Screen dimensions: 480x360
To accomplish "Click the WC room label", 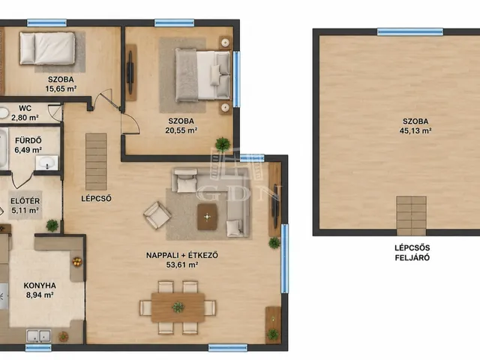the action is click(25, 108).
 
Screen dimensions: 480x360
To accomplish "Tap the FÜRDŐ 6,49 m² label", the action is click(28, 145).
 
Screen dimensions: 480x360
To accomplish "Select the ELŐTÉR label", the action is click(25, 201).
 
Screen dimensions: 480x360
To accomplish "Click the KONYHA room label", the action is click(40, 286).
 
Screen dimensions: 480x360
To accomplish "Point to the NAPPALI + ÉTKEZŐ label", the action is click(182, 255).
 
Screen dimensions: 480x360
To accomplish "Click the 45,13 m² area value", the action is click(415, 130).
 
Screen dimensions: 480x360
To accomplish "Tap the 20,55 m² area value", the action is click(181, 130).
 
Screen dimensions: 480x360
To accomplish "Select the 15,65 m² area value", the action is click(61, 88).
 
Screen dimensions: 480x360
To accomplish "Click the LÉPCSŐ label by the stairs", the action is click(96, 199).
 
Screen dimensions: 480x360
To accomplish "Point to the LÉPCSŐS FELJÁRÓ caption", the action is click(412, 253).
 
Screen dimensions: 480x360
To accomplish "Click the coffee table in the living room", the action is click(207, 217).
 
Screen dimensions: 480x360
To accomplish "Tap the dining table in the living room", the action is click(178, 307).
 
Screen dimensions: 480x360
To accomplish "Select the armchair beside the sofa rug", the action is click(157, 215).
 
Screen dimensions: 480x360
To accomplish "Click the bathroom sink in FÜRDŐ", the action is click(46, 163).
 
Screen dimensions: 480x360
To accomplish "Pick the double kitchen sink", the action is click(38, 336).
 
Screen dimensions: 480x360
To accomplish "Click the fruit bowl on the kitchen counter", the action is click(76, 262).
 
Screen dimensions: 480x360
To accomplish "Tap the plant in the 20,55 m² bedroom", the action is click(223, 144).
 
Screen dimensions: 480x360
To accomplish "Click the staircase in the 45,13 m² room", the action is click(411, 216).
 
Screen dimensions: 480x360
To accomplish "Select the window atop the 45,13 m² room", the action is click(410, 31).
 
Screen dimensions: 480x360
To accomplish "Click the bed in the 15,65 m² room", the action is click(47, 48).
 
